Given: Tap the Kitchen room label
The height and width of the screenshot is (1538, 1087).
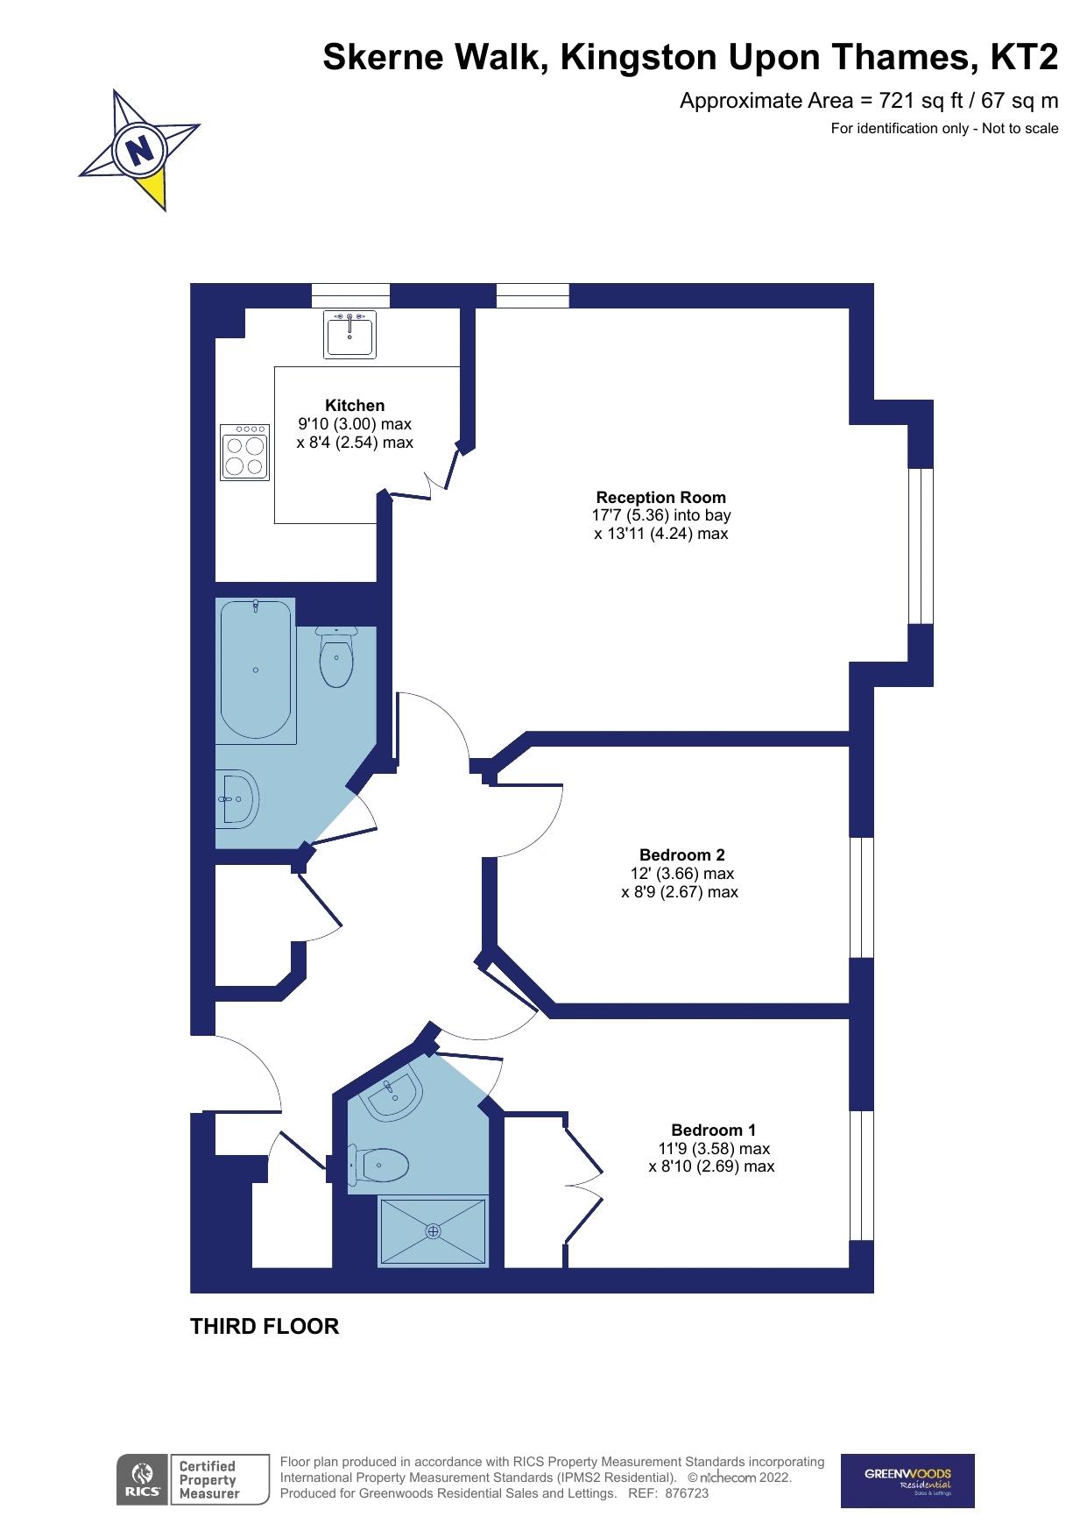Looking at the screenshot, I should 355,405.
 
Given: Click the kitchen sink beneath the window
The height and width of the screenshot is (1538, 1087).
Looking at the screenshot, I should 350,334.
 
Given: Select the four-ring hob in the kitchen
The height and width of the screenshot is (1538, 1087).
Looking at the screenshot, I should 245,453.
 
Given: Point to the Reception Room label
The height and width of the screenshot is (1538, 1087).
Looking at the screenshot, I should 660,497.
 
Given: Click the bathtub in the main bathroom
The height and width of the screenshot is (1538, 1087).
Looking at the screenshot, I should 255,670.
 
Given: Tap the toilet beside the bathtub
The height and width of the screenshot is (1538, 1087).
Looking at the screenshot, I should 336,658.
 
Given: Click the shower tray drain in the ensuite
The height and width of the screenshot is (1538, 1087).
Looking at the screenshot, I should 433,1231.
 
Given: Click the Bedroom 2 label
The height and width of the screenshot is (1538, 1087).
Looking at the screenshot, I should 681,854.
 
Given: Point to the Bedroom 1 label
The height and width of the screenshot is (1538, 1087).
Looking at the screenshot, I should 713,1130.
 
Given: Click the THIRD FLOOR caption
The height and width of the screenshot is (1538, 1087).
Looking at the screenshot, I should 265,1326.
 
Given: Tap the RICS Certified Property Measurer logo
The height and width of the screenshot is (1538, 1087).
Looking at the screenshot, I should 193,1479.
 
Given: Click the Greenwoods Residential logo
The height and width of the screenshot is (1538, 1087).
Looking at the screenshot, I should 907,1480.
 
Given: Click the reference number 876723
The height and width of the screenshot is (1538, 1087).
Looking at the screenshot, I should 687,1493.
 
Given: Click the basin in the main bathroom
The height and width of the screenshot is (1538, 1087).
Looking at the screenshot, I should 237,798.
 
